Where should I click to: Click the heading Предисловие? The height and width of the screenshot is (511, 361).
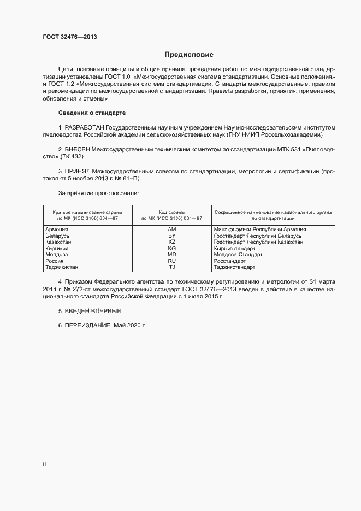point(189,55)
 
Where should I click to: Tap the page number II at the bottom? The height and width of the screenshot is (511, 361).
point(44,465)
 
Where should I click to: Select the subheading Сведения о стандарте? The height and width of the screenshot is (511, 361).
point(92,113)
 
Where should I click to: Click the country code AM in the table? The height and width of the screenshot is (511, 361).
point(172,229)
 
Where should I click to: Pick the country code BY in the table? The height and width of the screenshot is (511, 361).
point(172,236)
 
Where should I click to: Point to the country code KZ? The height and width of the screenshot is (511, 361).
point(172,242)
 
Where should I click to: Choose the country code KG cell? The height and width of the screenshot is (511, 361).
point(172,248)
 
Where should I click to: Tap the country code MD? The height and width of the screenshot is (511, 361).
point(172,255)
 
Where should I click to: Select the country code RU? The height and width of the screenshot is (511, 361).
point(172,261)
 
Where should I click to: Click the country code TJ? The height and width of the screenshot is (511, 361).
point(172,267)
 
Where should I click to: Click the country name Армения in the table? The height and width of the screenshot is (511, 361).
point(57,229)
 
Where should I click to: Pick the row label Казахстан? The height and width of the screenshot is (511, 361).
point(59,242)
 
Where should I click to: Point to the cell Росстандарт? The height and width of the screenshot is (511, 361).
point(233,261)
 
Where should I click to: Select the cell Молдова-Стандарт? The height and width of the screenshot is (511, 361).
point(239,255)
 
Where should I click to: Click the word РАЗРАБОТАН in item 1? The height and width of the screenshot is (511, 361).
point(85,127)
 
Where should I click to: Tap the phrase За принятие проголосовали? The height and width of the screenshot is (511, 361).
point(98,193)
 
